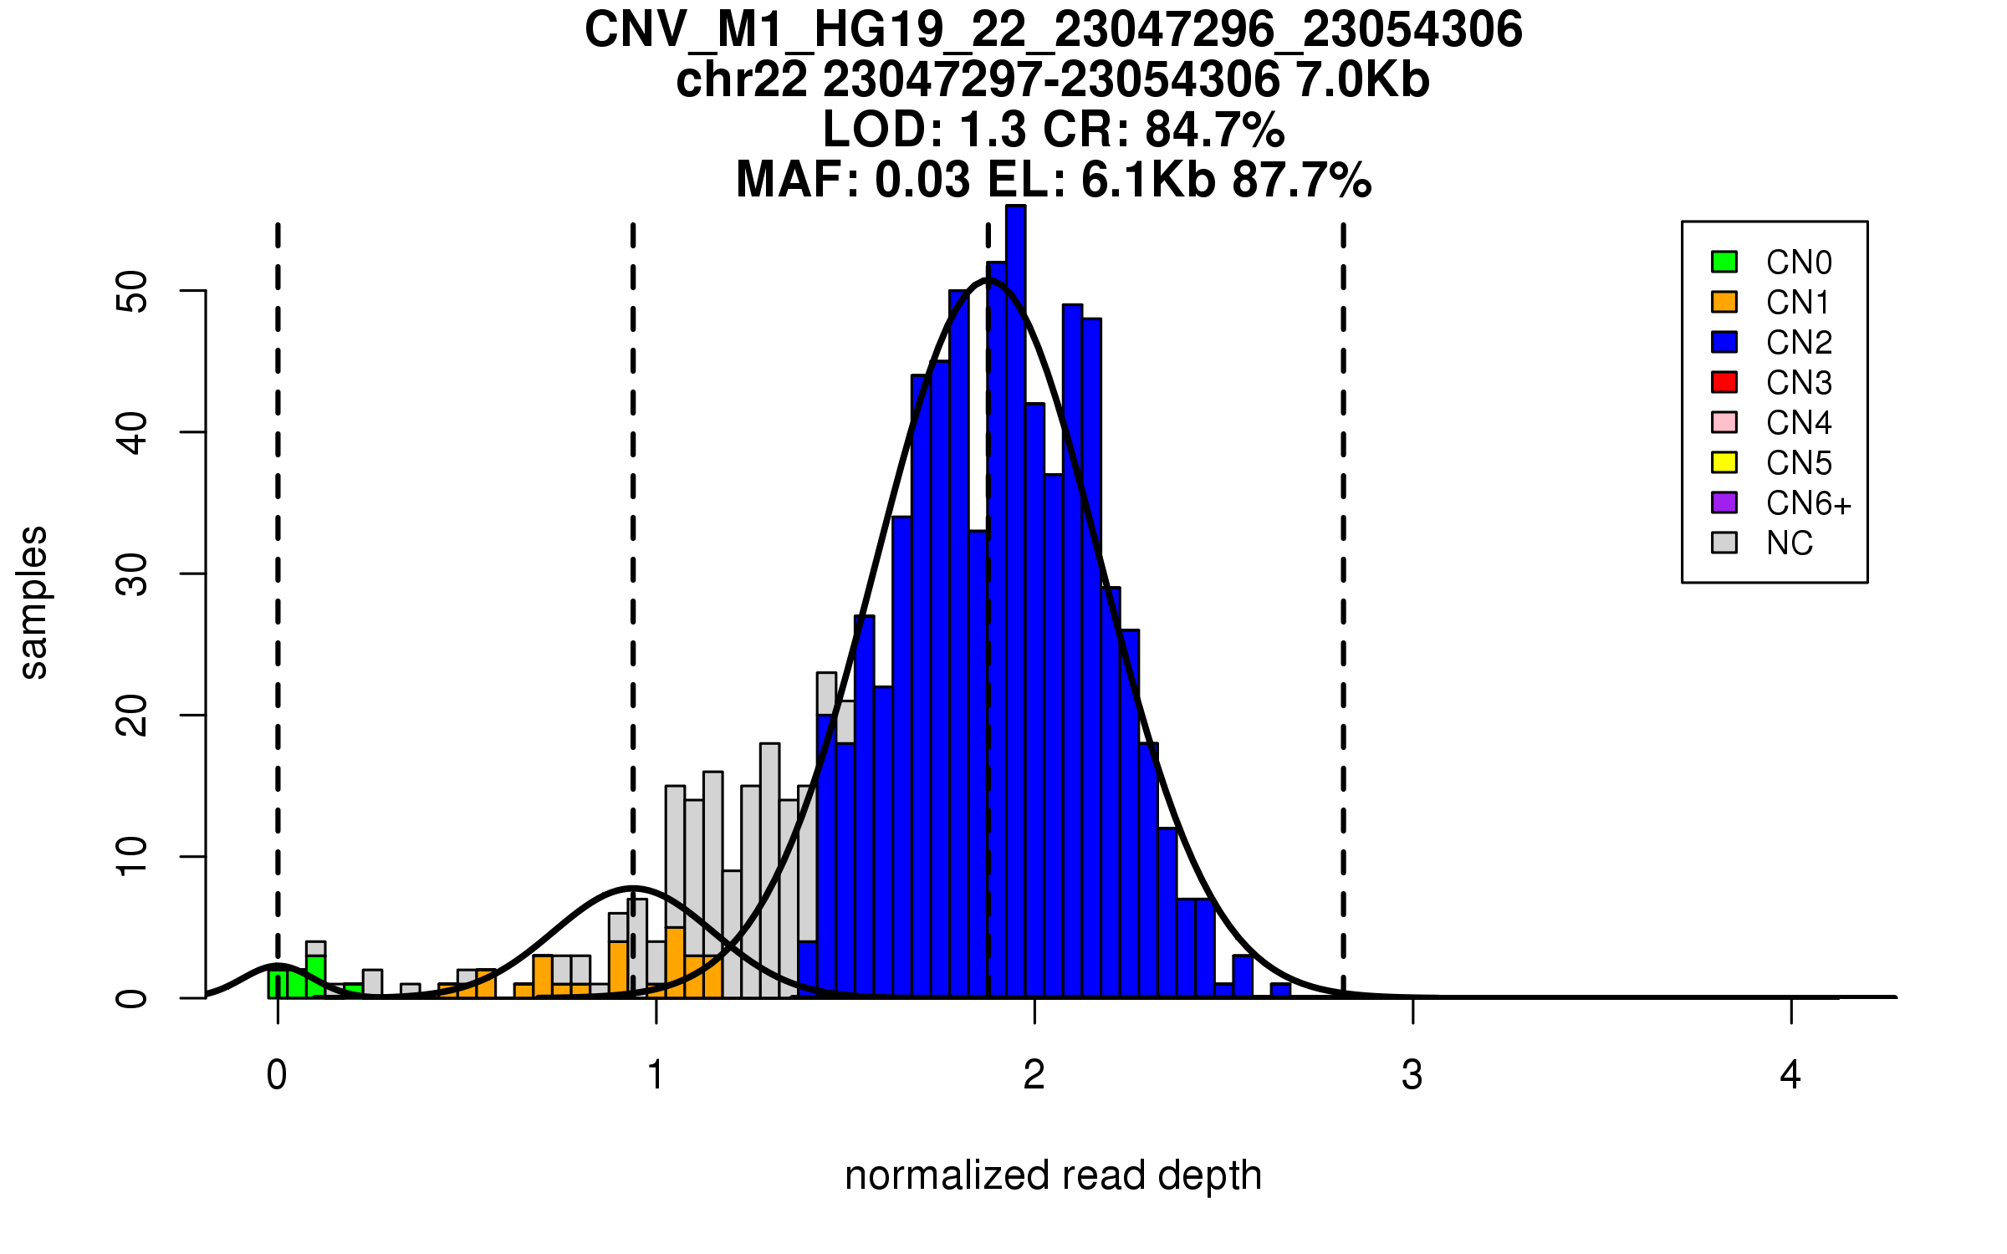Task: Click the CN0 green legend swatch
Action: (1724, 262)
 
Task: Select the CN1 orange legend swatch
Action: (1724, 302)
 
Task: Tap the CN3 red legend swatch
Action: (1724, 382)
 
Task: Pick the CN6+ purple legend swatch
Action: (1724, 502)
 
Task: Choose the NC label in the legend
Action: (1789, 543)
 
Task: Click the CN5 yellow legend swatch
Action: (1724, 462)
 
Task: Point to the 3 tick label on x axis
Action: (1412, 1075)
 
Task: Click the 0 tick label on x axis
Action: (277, 1075)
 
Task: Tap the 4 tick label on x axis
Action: (1790, 1075)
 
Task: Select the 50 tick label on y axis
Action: (132, 291)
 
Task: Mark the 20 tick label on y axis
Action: (132, 716)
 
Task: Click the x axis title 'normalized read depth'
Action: (1053, 1175)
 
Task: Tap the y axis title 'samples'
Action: (33, 602)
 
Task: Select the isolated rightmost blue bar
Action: (1280, 991)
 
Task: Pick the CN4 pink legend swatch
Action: (1724, 422)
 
